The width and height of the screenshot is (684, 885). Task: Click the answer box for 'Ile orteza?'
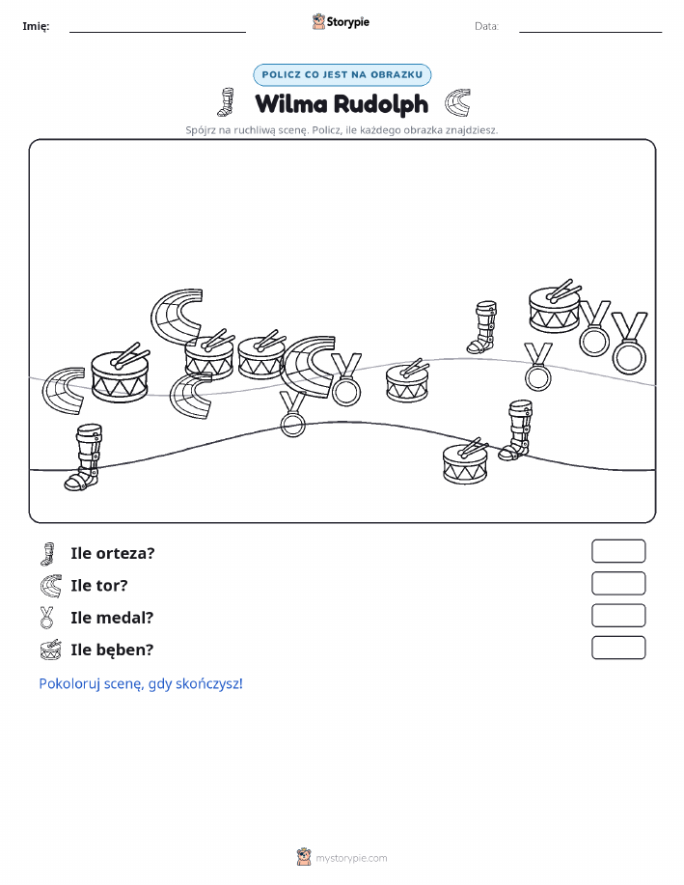click(x=618, y=551)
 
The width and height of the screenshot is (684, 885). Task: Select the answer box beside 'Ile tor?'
click(x=618, y=584)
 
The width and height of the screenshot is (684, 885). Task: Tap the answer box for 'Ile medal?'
click(x=618, y=616)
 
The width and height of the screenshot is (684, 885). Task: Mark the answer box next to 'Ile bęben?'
click(x=618, y=648)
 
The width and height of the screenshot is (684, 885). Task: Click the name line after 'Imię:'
click(x=157, y=32)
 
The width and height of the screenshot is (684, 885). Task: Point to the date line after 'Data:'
click(x=590, y=32)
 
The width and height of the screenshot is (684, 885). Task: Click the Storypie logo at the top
click(x=341, y=22)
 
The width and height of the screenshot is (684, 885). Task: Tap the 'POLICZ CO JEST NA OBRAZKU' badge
click(x=342, y=74)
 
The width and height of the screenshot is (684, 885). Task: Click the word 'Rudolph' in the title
click(x=381, y=104)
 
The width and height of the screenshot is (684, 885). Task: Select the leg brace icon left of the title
click(x=227, y=102)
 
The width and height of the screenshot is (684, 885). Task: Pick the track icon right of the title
click(x=456, y=102)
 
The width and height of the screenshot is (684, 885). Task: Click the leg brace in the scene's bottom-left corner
click(x=85, y=457)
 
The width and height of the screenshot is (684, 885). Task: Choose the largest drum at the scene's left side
click(x=121, y=373)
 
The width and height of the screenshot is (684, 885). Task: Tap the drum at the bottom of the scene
click(x=465, y=462)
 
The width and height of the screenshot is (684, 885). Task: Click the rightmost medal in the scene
click(x=629, y=344)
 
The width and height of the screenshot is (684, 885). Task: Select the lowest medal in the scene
click(x=292, y=415)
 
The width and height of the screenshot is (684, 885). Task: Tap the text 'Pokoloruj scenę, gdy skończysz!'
click(x=141, y=684)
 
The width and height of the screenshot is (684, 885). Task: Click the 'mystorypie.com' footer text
click(x=351, y=858)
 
